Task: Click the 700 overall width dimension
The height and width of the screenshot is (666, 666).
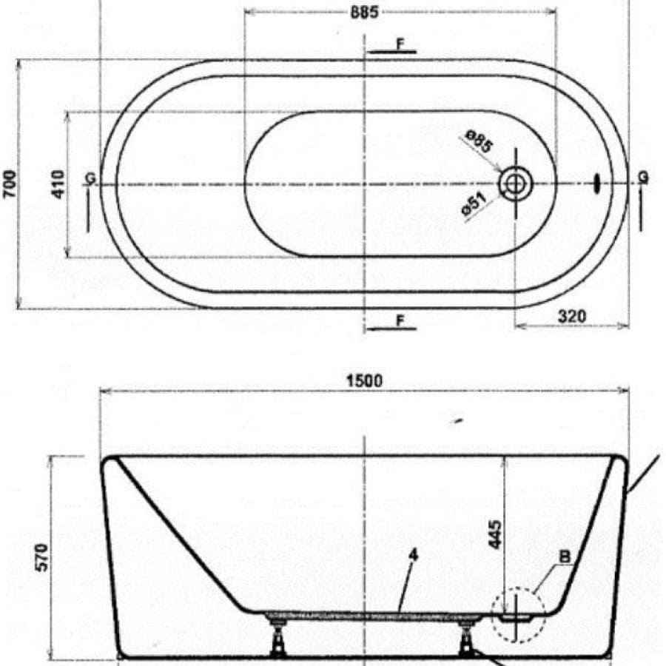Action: (9, 184)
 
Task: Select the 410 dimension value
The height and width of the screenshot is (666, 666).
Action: (58, 184)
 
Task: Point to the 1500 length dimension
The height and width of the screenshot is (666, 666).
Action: (365, 381)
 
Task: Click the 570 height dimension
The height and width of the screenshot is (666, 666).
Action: (41, 556)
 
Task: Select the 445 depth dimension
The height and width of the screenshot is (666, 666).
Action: (495, 534)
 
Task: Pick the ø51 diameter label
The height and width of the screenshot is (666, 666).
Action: (474, 206)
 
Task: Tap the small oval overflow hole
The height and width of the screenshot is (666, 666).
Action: (599, 182)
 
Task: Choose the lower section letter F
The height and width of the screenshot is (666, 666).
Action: (400, 320)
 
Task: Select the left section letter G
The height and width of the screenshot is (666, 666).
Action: (90, 178)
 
